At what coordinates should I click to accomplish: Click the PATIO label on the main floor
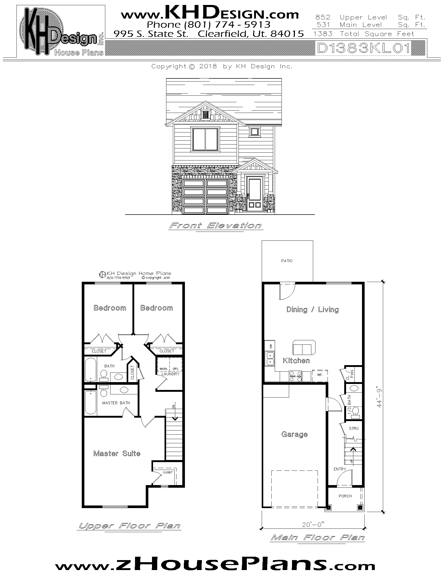tap(287, 261)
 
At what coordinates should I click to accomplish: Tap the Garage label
tap(294, 434)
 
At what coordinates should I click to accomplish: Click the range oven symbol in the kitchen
tap(295, 376)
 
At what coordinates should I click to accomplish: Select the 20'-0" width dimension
tap(312, 525)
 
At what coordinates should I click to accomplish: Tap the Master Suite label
tap(117, 453)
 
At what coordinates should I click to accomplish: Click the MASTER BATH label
tap(116, 403)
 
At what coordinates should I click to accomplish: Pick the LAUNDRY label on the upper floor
tap(170, 374)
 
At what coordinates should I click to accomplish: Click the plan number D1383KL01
tap(364, 48)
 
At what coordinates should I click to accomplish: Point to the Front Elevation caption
tap(215, 226)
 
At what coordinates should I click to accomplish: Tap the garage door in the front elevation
tap(206, 196)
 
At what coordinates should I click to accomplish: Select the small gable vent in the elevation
tap(205, 114)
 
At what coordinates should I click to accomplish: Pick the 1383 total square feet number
tap(323, 34)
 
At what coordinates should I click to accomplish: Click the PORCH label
tap(345, 496)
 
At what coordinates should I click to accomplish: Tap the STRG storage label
tap(354, 429)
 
